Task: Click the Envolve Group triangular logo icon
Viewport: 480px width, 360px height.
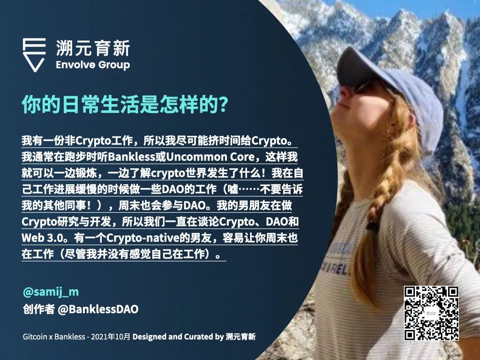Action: [x=34, y=55]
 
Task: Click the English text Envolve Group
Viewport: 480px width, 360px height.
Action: [x=93, y=65]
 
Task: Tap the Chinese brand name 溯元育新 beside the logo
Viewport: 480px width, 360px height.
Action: [x=93, y=48]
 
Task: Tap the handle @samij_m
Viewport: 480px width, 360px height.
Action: [x=51, y=292]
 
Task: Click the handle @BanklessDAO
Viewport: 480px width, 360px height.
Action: [x=98, y=309]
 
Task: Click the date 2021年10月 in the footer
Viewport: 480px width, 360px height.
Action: [x=111, y=337]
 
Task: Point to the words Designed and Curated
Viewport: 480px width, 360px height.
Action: [x=173, y=337]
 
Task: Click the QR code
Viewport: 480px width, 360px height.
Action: [x=431, y=313]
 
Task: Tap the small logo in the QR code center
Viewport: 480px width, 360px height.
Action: [x=431, y=314]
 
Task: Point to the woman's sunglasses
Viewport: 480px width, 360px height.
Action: [x=361, y=88]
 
